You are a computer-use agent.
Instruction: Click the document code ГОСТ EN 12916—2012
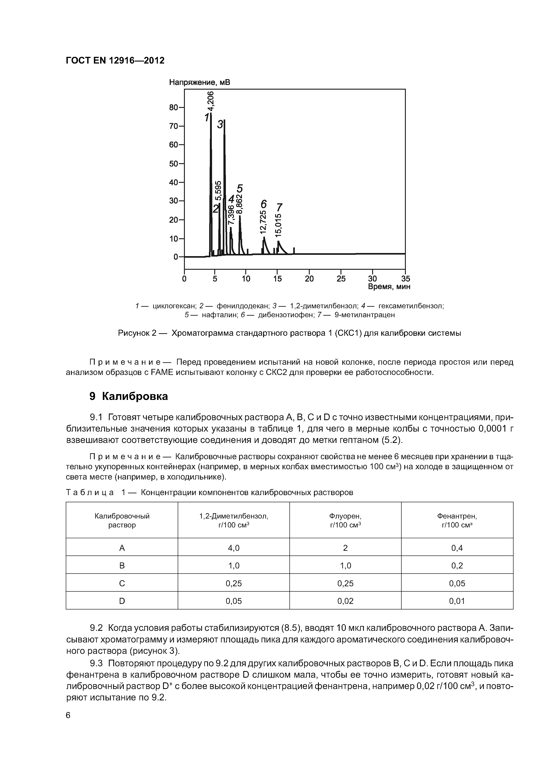(115, 60)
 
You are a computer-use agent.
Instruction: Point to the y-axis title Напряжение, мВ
(200, 82)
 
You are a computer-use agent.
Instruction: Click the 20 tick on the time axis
(309, 279)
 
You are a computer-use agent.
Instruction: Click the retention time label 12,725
(263, 222)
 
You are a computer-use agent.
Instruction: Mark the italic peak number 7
(279, 207)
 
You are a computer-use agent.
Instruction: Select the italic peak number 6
(263, 204)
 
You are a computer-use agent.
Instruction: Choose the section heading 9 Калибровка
(129, 396)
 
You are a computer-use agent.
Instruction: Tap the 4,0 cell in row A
(233, 548)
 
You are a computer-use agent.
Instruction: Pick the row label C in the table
(122, 583)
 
